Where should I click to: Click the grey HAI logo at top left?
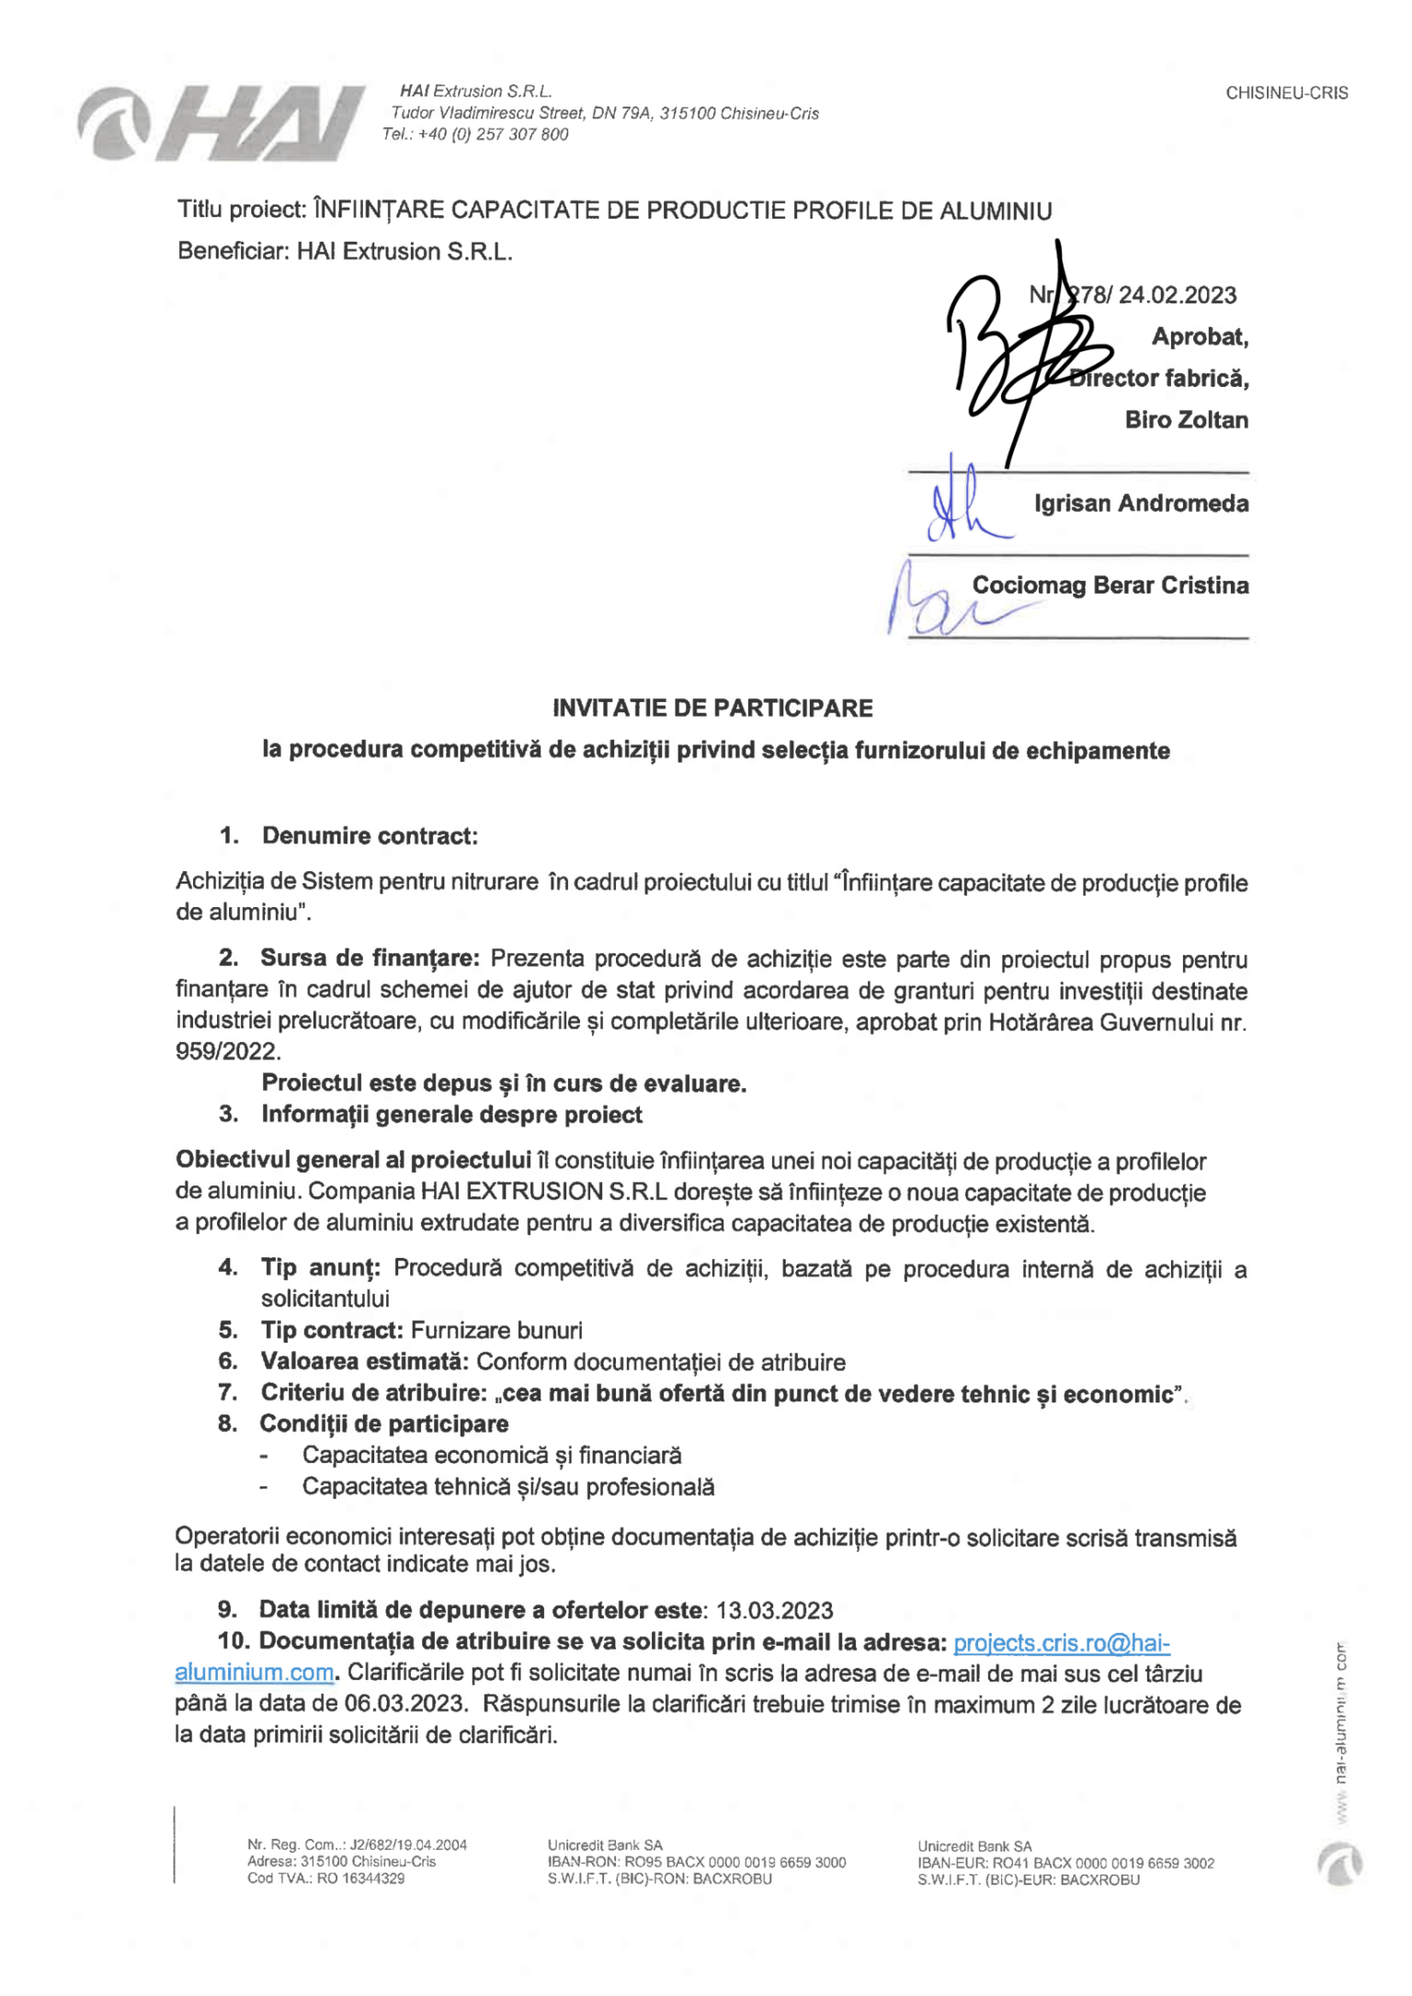click(x=221, y=124)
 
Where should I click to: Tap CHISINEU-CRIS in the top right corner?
click(x=1286, y=93)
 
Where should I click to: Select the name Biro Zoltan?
click(x=1186, y=420)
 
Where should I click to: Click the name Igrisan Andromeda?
click(x=1141, y=504)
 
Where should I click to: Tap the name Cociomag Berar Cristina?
click(x=1110, y=585)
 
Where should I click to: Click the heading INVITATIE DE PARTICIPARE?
click(x=712, y=709)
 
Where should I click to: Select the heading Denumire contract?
click(x=370, y=836)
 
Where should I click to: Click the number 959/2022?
click(x=227, y=1051)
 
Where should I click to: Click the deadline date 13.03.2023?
click(x=774, y=1611)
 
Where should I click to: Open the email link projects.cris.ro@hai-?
click(x=1061, y=1642)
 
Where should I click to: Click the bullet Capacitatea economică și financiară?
click(x=492, y=1456)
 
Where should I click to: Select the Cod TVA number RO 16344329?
click(x=360, y=1878)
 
